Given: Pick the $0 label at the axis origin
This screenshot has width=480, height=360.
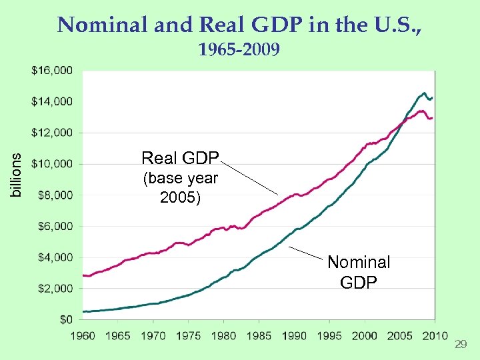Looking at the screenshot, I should click(65, 320).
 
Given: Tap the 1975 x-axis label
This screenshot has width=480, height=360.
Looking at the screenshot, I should click(189, 335).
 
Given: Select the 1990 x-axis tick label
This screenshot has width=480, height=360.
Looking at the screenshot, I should click(294, 335).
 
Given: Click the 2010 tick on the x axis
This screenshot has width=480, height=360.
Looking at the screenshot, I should click(435, 335).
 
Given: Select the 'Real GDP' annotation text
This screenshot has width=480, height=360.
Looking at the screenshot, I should click(180, 158).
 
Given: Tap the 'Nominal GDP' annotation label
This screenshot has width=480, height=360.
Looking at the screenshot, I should click(359, 272).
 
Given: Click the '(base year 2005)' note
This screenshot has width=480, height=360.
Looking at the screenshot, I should click(180, 189).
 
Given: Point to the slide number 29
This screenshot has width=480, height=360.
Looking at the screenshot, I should click(459, 344).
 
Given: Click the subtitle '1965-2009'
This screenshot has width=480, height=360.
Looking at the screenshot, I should click(239, 50).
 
